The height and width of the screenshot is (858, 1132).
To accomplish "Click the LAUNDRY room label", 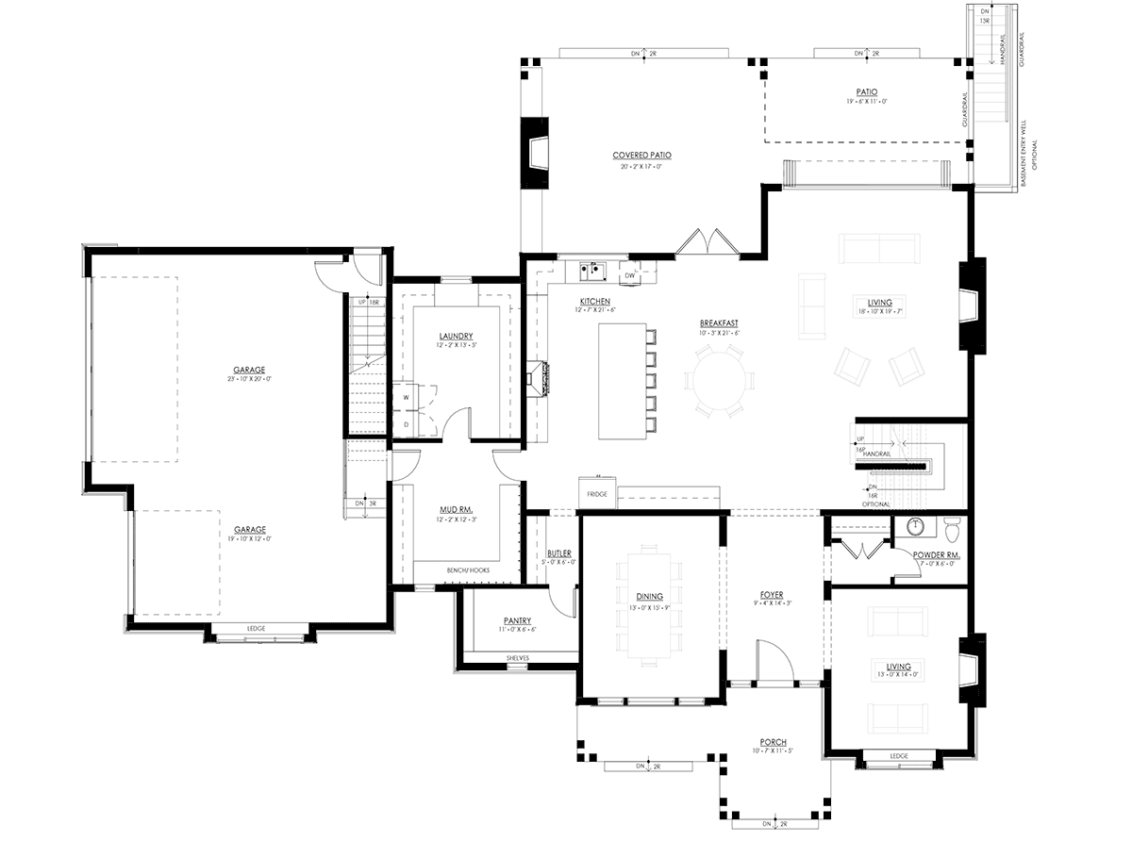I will pyautogui.click(x=456, y=337).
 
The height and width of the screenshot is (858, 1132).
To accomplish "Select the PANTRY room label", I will pyautogui.click(x=518, y=620).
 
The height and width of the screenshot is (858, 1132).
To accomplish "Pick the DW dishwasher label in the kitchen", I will pyautogui.click(x=629, y=275).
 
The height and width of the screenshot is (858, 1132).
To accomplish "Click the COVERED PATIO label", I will pyautogui.click(x=641, y=156).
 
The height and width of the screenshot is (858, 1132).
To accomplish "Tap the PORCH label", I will pyautogui.click(x=772, y=742).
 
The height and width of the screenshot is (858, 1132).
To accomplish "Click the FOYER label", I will pyautogui.click(x=772, y=595).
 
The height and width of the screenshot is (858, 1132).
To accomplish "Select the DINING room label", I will pyautogui.click(x=649, y=596).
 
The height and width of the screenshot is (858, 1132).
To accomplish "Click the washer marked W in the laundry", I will pyautogui.click(x=407, y=397).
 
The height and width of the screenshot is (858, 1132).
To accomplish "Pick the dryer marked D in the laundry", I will pyautogui.click(x=407, y=424).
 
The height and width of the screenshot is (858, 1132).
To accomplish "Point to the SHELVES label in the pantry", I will pyautogui.click(x=518, y=656).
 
